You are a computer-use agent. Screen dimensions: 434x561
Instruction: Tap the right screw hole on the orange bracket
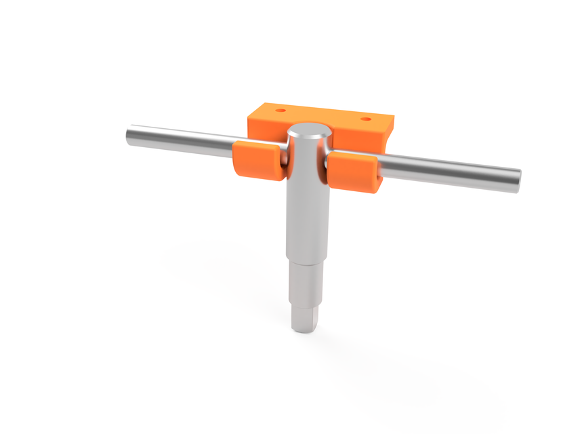(x=366, y=119)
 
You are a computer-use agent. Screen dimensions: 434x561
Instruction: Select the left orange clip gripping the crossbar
(x=257, y=163)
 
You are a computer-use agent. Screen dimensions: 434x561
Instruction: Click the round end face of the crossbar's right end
(x=517, y=180)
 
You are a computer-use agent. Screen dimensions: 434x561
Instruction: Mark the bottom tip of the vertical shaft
(x=306, y=331)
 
